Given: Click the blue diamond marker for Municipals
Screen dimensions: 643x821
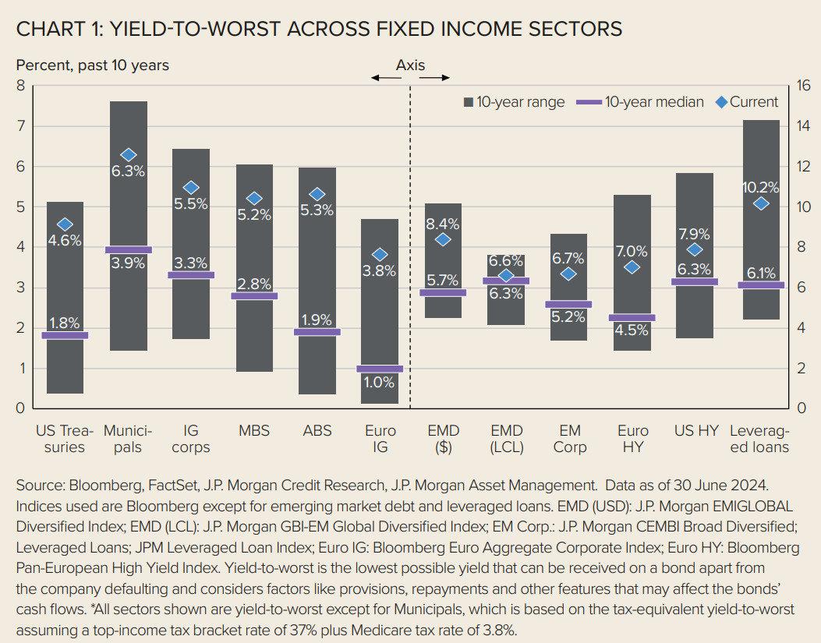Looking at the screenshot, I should pyautogui.click(x=129, y=155).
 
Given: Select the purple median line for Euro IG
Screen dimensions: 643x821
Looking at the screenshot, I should pyautogui.click(x=380, y=369).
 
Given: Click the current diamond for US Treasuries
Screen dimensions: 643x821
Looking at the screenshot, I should pyautogui.click(x=65, y=224).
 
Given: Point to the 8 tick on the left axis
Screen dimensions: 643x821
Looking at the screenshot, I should pyautogui.click(x=21, y=86).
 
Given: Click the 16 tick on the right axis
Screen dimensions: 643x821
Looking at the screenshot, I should pyautogui.click(x=802, y=86).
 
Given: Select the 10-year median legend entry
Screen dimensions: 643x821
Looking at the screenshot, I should pyautogui.click(x=640, y=102).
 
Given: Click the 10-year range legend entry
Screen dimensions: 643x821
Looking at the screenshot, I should pyautogui.click(x=514, y=102).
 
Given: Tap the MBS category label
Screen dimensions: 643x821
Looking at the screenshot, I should pyautogui.click(x=254, y=431).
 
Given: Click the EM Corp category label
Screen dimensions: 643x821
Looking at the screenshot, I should pyautogui.click(x=569, y=439).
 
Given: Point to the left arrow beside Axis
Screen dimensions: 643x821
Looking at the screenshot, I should pyautogui.click(x=383, y=78).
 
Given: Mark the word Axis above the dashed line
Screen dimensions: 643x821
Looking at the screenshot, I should pyautogui.click(x=410, y=65).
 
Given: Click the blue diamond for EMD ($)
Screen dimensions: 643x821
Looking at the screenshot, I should pyautogui.click(x=443, y=240).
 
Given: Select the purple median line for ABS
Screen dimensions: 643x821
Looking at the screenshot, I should pyautogui.click(x=317, y=332).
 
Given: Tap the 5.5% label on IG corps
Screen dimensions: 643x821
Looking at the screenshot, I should pyautogui.click(x=191, y=203).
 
